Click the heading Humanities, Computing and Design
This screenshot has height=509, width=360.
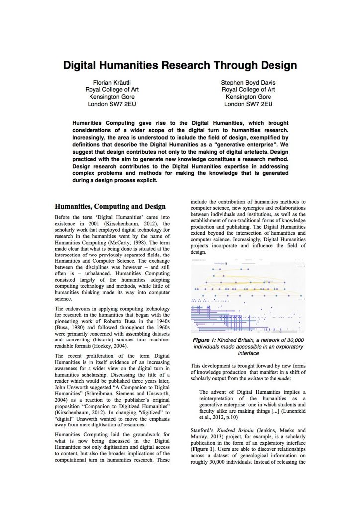pos(110,206)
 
